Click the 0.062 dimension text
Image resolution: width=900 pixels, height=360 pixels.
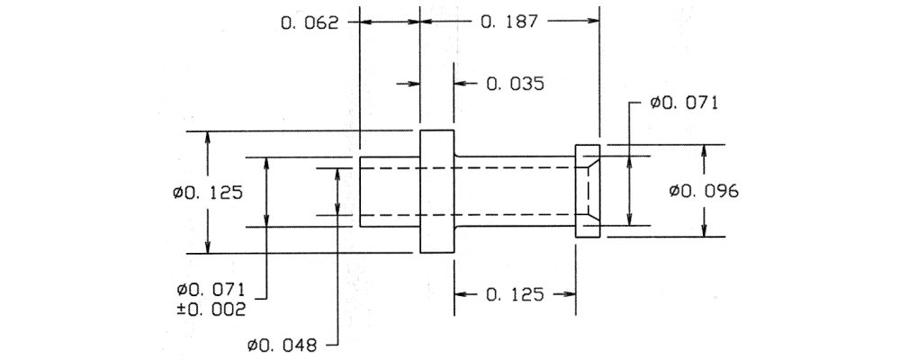(310, 22)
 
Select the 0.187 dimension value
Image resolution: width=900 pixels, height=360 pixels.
(509, 22)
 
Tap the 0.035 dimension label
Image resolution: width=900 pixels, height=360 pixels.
(515, 84)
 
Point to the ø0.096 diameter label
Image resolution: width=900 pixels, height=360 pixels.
(704, 191)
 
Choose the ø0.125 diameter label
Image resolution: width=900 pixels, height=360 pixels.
(208, 192)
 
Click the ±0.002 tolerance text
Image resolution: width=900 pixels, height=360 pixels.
(211, 309)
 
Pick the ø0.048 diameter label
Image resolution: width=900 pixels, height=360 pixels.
(282, 345)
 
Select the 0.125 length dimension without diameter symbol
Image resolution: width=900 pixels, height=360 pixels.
(514, 294)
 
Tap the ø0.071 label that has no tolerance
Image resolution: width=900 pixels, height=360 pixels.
(684, 103)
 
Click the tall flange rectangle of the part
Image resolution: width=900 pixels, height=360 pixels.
(436, 191)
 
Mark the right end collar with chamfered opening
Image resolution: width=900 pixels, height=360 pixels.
(587, 191)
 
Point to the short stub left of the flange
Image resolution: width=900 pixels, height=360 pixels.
(390, 191)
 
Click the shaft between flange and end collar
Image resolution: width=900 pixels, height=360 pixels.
(515, 191)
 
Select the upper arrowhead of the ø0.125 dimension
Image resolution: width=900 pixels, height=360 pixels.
(208, 137)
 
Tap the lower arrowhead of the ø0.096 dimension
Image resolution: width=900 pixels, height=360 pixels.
(705, 230)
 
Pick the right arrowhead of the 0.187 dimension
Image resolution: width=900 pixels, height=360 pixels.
(593, 22)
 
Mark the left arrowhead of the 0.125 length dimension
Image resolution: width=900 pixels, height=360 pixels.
(461, 294)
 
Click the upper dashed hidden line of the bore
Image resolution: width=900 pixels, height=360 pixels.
(467, 167)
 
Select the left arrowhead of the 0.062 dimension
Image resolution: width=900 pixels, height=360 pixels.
(366, 22)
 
